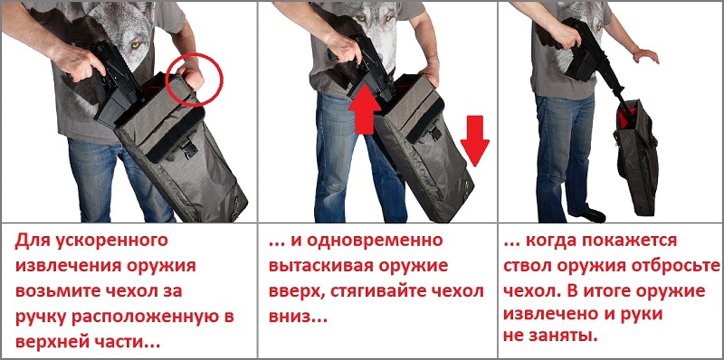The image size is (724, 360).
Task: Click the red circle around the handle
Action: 167,88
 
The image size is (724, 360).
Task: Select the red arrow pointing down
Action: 474,140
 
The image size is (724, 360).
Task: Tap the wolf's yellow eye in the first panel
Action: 136,45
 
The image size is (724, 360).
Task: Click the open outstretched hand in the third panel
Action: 645,54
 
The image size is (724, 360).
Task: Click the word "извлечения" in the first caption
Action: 58,266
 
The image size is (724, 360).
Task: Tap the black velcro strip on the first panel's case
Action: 176,134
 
